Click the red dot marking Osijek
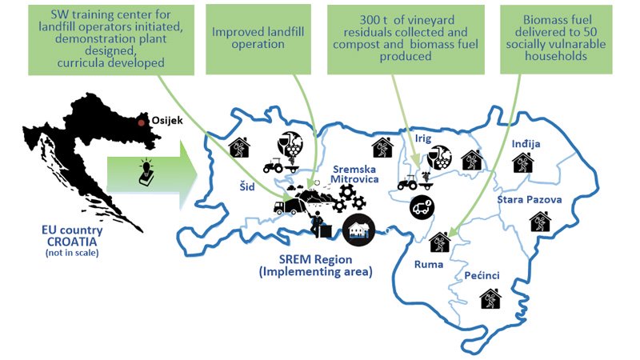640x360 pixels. (x=142, y=122)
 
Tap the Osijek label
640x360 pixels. (x=167, y=121)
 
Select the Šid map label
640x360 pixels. (x=247, y=186)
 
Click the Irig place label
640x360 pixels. (x=423, y=138)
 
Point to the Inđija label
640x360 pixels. (x=526, y=144)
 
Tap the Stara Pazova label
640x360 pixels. (x=530, y=199)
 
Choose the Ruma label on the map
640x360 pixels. (x=429, y=265)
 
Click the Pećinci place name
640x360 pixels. (x=482, y=275)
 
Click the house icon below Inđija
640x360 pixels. (x=523, y=162)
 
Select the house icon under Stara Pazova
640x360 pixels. (x=541, y=222)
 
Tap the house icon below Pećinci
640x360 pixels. (x=490, y=298)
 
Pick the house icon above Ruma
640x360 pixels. (x=440, y=242)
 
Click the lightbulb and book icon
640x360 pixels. (x=146, y=173)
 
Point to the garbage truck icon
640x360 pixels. (x=287, y=206)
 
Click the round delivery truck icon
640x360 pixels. (x=422, y=207)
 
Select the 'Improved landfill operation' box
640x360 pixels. (x=258, y=39)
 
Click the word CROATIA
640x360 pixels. (x=72, y=242)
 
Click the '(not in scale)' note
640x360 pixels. (x=72, y=253)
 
